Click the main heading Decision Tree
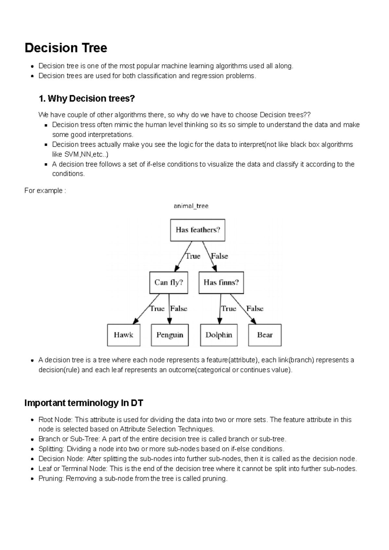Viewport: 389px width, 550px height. (x=66, y=48)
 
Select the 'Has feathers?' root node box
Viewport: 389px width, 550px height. (x=197, y=230)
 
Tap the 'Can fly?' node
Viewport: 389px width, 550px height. (x=169, y=282)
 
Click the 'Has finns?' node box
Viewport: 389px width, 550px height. (x=221, y=282)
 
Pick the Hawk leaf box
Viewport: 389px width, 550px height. (x=124, y=335)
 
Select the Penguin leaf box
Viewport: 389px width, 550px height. (x=170, y=335)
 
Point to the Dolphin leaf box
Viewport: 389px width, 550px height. (x=219, y=335)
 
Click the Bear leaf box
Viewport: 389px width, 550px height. (x=265, y=335)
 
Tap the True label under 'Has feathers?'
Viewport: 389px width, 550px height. (x=193, y=256)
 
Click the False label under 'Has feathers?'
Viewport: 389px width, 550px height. (x=219, y=256)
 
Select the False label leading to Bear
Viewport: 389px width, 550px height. (x=255, y=309)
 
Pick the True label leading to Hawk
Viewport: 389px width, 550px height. (x=157, y=309)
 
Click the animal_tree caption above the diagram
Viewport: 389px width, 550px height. (x=191, y=206)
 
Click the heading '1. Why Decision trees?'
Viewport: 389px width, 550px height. (x=87, y=98)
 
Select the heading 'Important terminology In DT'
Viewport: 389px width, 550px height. (x=84, y=403)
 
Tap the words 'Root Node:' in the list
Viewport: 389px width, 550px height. (x=55, y=420)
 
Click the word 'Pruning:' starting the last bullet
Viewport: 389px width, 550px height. (x=51, y=479)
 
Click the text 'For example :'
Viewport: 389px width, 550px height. (x=45, y=190)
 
